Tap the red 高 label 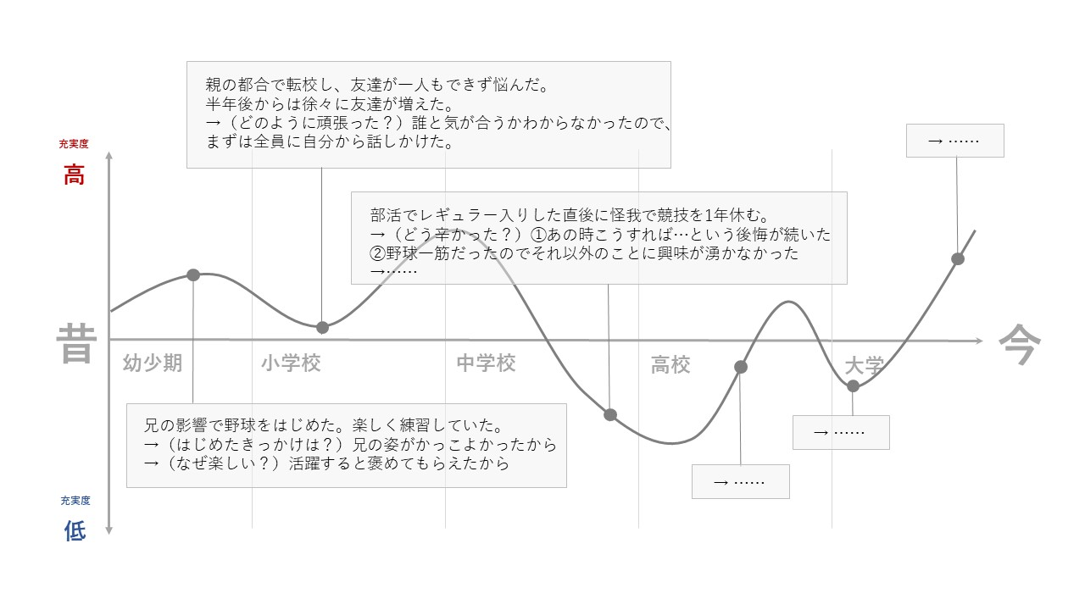click(x=75, y=176)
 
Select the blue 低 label click(x=75, y=531)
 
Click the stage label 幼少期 click(x=153, y=363)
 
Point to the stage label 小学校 click(x=291, y=363)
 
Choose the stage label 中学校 click(x=486, y=363)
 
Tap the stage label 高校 click(x=670, y=365)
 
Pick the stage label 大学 click(x=864, y=366)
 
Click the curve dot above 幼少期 click(x=193, y=274)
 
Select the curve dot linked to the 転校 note click(x=322, y=327)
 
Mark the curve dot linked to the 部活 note click(x=609, y=414)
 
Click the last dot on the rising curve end click(x=958, y=258)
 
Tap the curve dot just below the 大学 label click(x=853, y=385)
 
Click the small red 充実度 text click(x=74, y=144)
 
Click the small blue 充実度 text click(x=75, y=501)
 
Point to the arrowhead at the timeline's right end click(x=979, y=341)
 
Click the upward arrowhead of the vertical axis click(x=108, y=156)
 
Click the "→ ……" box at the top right click(x=954, y=141)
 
